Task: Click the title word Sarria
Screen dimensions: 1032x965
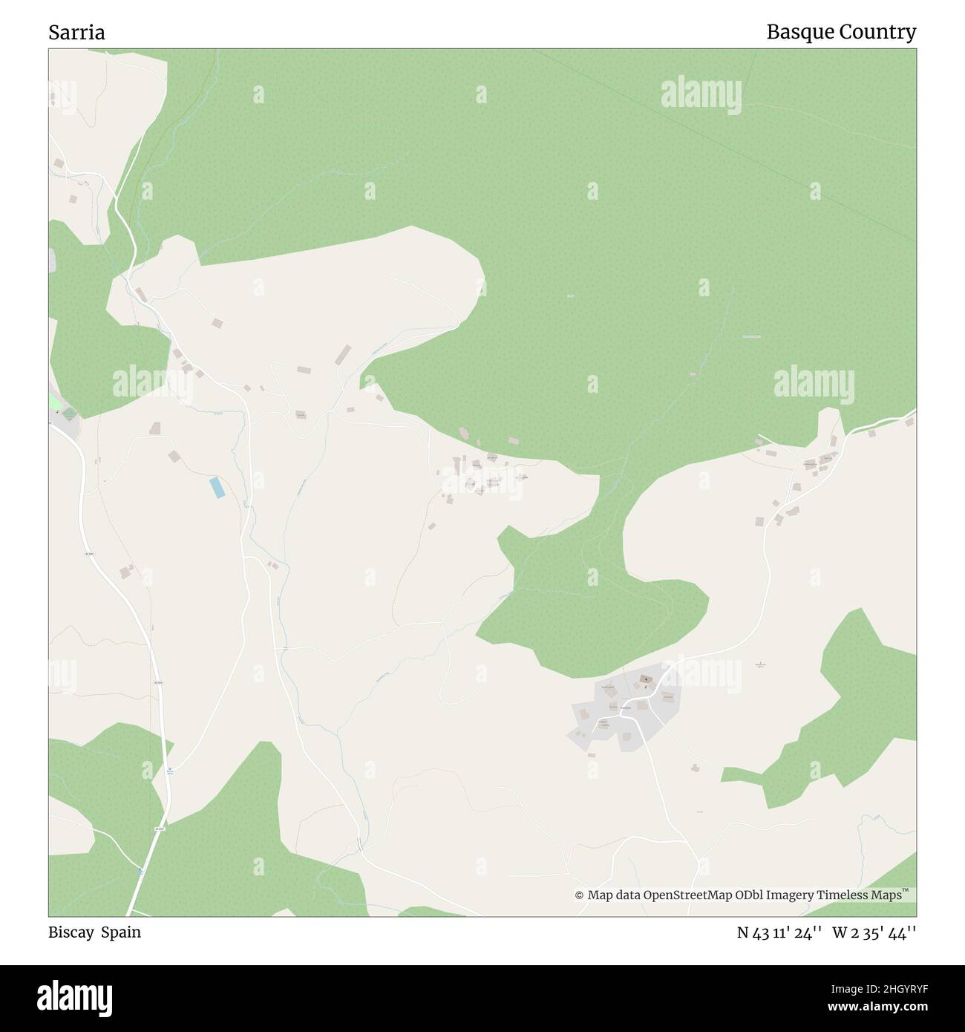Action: (76, 32)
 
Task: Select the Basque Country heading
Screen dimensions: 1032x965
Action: (840, 32)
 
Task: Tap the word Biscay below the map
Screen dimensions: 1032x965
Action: (71, 932)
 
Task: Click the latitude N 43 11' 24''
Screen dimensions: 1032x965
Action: (779, 933)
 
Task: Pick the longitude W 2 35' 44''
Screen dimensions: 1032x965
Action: (874, 933)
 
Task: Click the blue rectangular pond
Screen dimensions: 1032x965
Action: (217, 488)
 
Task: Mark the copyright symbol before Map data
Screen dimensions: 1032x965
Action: (579, 895)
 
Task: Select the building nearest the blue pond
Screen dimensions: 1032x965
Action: (174, 456)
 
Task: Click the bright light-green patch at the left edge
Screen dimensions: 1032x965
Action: (56, 402)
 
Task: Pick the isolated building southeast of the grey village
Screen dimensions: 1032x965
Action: (695, 768)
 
